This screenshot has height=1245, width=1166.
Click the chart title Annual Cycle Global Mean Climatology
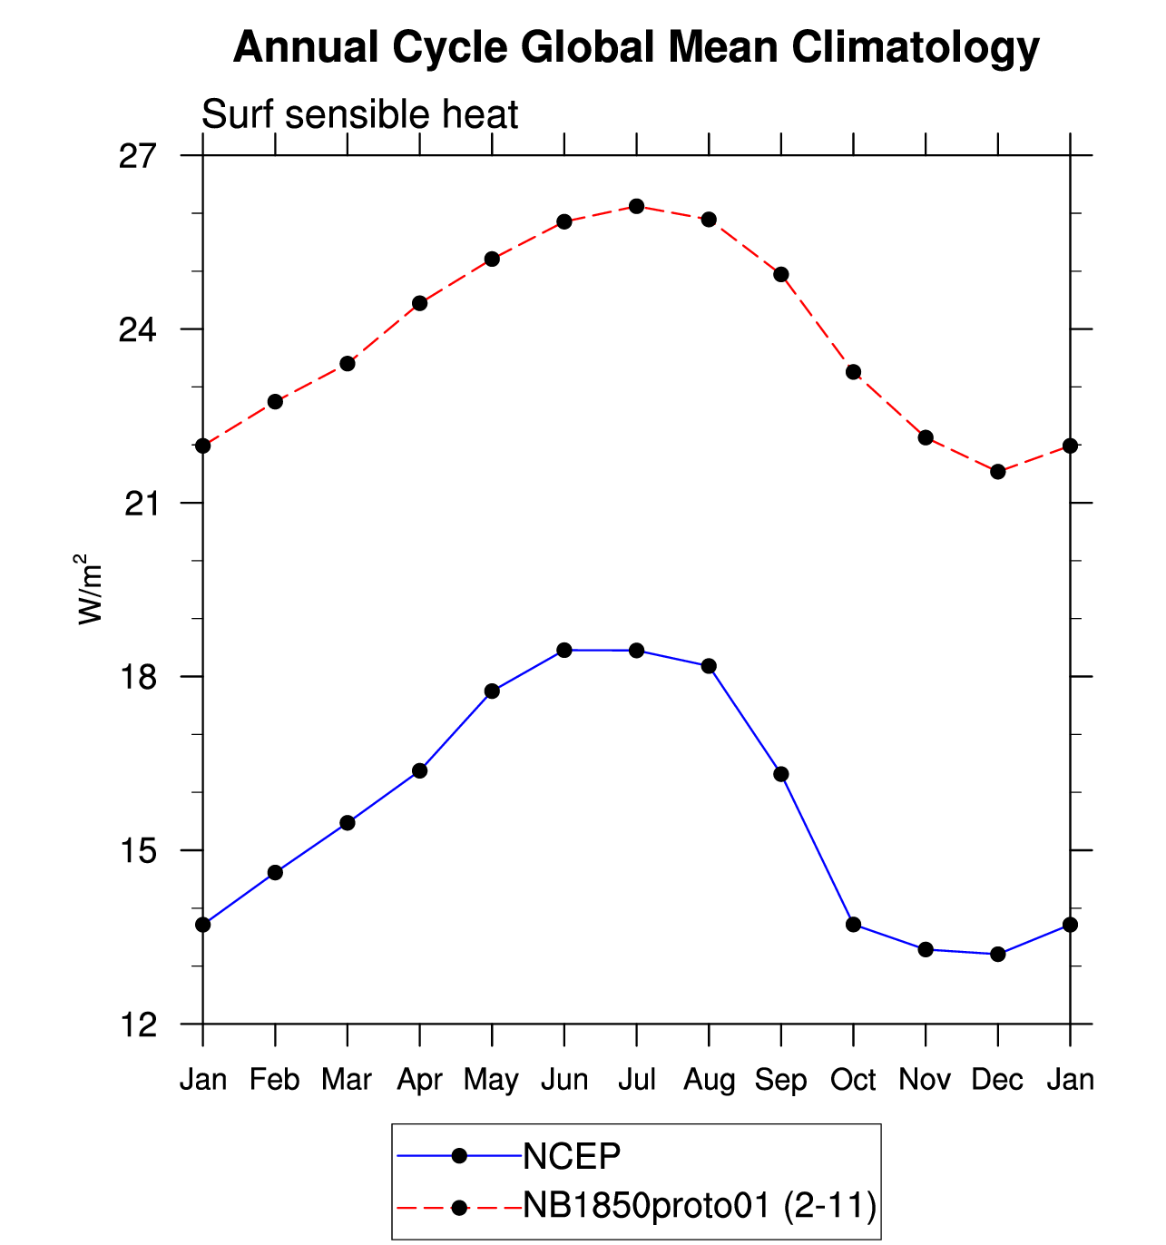click(x=636, y=47)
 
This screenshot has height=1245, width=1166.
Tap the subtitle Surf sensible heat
click(x=359, y=115)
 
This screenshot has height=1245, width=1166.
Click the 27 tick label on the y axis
click(x=138, y=156)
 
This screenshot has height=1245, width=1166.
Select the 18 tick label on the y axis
click(x=138, y=677)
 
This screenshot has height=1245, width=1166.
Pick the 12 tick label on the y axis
click(x=138, y=1024)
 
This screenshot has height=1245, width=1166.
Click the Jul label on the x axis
click(x=636, y=1080)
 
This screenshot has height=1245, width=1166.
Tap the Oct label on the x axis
click(x=853, y=1080)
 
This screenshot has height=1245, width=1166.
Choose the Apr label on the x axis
click(x=419, y=1080)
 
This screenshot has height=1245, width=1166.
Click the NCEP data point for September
click(x=781, y=774)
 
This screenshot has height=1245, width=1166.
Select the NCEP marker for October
click(x=853, y=925)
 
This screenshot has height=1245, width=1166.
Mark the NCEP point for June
click(x=564, y=650)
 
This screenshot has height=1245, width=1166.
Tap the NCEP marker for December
click(x=998, y=955)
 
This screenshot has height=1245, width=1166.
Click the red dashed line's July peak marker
click(x=636, y=207)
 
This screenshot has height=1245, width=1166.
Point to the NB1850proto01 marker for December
click(x=998, y=472)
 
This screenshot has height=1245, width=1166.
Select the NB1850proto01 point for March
click(x=348, y=364)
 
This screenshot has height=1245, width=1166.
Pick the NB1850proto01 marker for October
click(x=853, y=372)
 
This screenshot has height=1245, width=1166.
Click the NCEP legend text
click(x=572, y=1157)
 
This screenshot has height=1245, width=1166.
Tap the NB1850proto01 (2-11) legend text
click(x=700, y=1206)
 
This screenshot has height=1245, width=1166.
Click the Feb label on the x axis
click(x=275, y=1080)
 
